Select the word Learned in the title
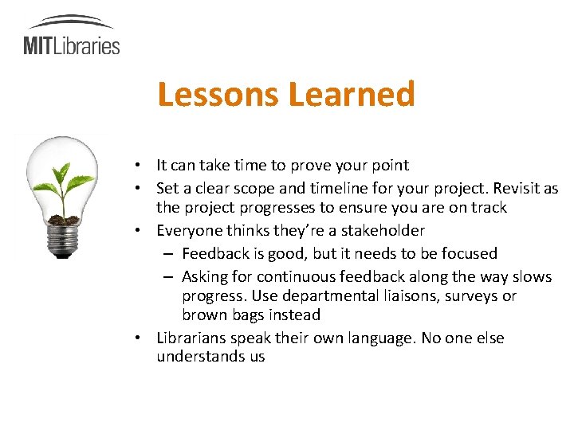point(351,94)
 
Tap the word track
point(488,208)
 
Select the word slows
point(531,276)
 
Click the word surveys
point(467,295)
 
